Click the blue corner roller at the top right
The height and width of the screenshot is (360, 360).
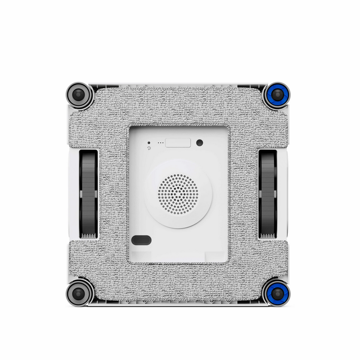click(277, 95)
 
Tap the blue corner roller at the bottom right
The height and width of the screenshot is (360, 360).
click(277, 293)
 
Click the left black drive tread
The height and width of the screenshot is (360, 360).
click(88, 194)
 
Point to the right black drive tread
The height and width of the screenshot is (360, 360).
click(268, 194)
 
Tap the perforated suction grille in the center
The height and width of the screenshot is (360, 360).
click(178, 194)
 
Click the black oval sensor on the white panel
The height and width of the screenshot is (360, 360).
click(141, 240)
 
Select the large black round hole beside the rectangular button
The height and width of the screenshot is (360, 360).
click(199, 142)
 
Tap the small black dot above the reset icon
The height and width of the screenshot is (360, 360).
click(149, 142)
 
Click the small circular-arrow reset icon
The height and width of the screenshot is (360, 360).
click(149, 149)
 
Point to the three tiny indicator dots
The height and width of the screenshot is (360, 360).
click(161, 143)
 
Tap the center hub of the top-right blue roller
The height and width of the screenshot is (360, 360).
click(277, 95)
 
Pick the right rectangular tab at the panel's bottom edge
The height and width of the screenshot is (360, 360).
click(215, 256)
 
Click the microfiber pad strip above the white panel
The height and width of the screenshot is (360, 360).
click(178, 107)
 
